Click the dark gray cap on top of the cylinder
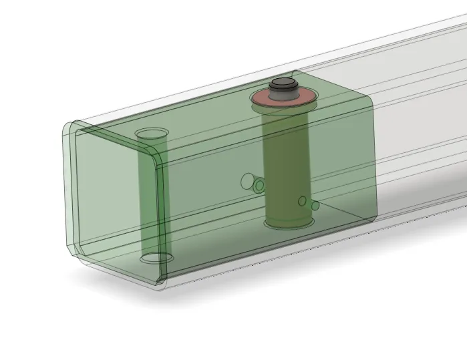click(283, 84)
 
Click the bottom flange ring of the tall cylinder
click(287, 222)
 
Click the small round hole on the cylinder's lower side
click(302, 201)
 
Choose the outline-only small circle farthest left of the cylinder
click(248, 180)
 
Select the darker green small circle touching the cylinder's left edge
click(259, 185)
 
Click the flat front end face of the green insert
click(114, 200)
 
